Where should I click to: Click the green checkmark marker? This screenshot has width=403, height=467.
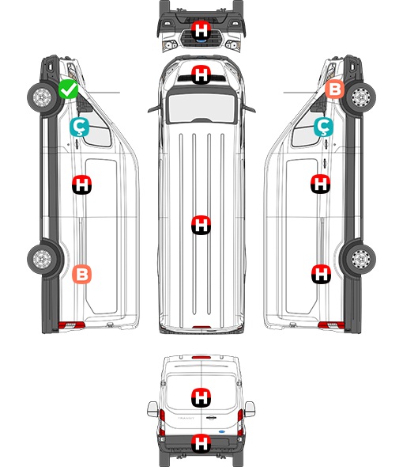click(69, 89)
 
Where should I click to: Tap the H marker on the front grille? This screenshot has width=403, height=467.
click(201, 31)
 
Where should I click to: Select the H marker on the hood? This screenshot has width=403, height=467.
click(201, 74)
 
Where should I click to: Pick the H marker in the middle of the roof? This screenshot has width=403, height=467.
click(201, 225)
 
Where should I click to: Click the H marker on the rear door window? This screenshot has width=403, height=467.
click(201, 397)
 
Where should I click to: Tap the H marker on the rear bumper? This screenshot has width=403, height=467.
click(201, 443)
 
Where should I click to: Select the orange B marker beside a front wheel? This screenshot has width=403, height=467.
click(334, 89)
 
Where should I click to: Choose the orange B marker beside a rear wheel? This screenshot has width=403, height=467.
click(82, 275)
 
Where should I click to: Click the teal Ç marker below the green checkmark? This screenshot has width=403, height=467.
click(79, 127)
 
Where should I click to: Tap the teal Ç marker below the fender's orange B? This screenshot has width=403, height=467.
click(323, 127)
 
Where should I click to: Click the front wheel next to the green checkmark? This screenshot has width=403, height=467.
click(42, 97)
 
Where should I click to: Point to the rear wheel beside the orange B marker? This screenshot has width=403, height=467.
click(42, 259)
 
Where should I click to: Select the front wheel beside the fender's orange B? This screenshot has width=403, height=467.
click(361, 97)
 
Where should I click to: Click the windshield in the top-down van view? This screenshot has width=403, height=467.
click(201, 107)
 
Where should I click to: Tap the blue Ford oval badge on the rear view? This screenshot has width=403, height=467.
click(221, 431)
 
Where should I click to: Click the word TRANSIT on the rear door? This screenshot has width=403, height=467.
click(186, 418)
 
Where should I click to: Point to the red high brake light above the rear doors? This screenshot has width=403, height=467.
click(201, 357)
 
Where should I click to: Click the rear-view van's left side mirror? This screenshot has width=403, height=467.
click(153, 409)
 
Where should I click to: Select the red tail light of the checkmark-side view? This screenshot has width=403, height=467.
click(71, 325)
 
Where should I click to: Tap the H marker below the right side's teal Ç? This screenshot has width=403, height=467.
click(320, 184)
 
